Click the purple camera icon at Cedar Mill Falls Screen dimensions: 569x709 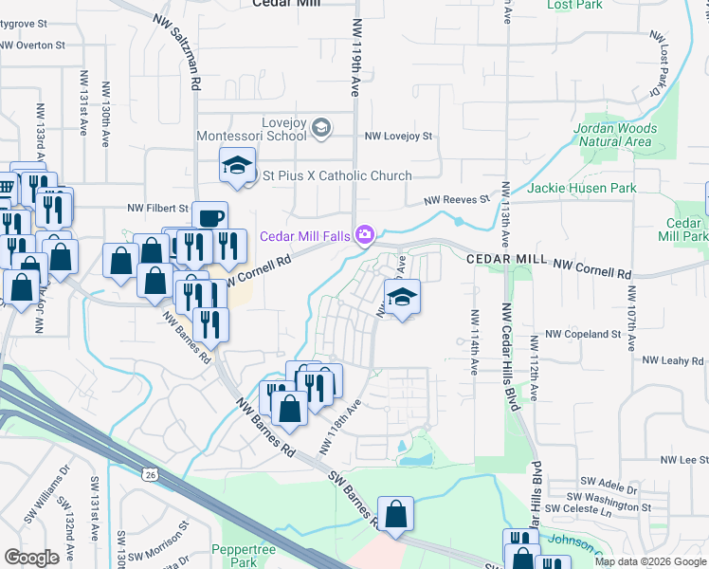[364, 235]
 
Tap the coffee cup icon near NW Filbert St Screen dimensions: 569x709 [209, 217]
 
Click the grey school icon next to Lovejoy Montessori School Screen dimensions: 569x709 [321, 128]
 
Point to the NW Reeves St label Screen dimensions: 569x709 [456, 200]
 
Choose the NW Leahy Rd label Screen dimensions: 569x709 [673, 360]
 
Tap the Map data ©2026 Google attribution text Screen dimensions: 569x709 [649, 561]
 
